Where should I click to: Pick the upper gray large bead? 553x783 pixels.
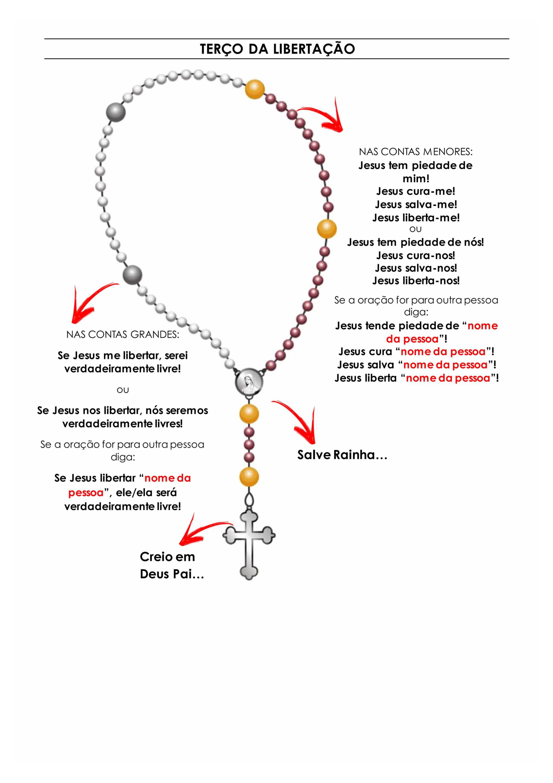tap(116, 112)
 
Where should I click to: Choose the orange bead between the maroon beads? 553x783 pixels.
tap(327, 228)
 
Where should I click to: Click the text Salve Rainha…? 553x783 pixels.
tap(342, 455)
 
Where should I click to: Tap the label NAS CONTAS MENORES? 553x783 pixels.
tap(416, 152)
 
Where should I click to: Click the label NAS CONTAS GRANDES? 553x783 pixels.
tap(123, 334)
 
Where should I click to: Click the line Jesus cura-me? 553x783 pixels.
tap(416, 191)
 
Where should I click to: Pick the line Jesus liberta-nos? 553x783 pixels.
tap(416, 281)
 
